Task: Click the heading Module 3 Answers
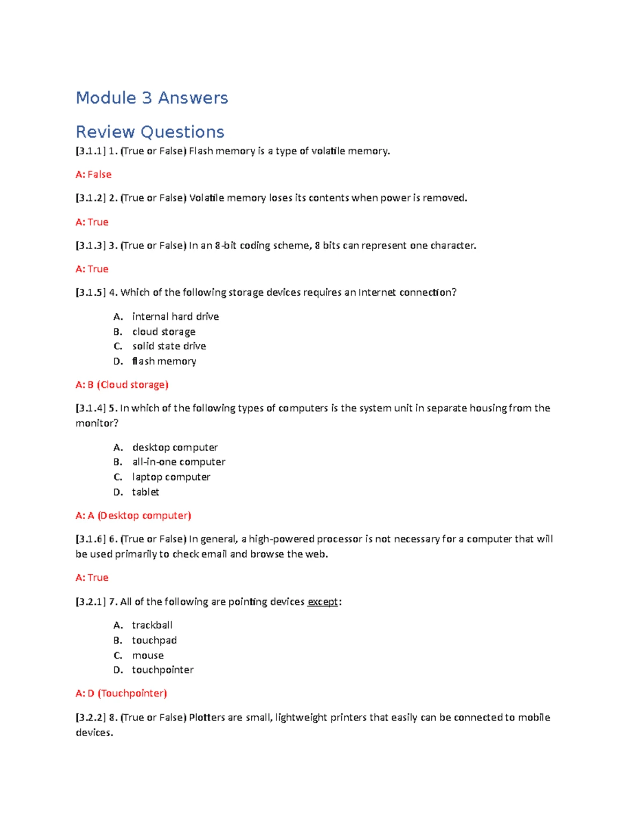pyautogui.click(x=152, y=98)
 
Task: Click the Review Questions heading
pyautogui.click(x=150, y=132)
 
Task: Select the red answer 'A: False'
pyautogui.click(x=93, y=175)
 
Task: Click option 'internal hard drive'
pyautogui.click(x=175, y=317)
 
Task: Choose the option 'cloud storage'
pyautogui.click(x=163, y=332)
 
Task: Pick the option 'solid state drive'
pyautogui.click(x=169, y=346)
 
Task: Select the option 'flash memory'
pyautogui.click(x=164, y=361)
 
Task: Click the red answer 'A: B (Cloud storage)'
pyautogui.click(x=122, y=385)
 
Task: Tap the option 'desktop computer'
pyautogui.click(x=175, y=447)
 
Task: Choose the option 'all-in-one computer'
pyautogui.click(x=178, y=462)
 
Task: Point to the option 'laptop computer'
pyautogui.click(x=171, y=477)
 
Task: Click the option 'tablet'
pyautogui.click(x=145, y=492)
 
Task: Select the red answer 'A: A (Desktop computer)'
pyautogui.click(x=133, y=515)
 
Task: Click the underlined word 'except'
pyautogui.click(x=323, y=602)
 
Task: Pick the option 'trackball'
pyautogui.click(x=152, y=625)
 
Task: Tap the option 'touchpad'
pyautogui.click(x=154, y=640)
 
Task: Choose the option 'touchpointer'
pyautogui.click(x=163, y=670)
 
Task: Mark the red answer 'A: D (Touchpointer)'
pyautogui.click(x=121, y=693)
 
